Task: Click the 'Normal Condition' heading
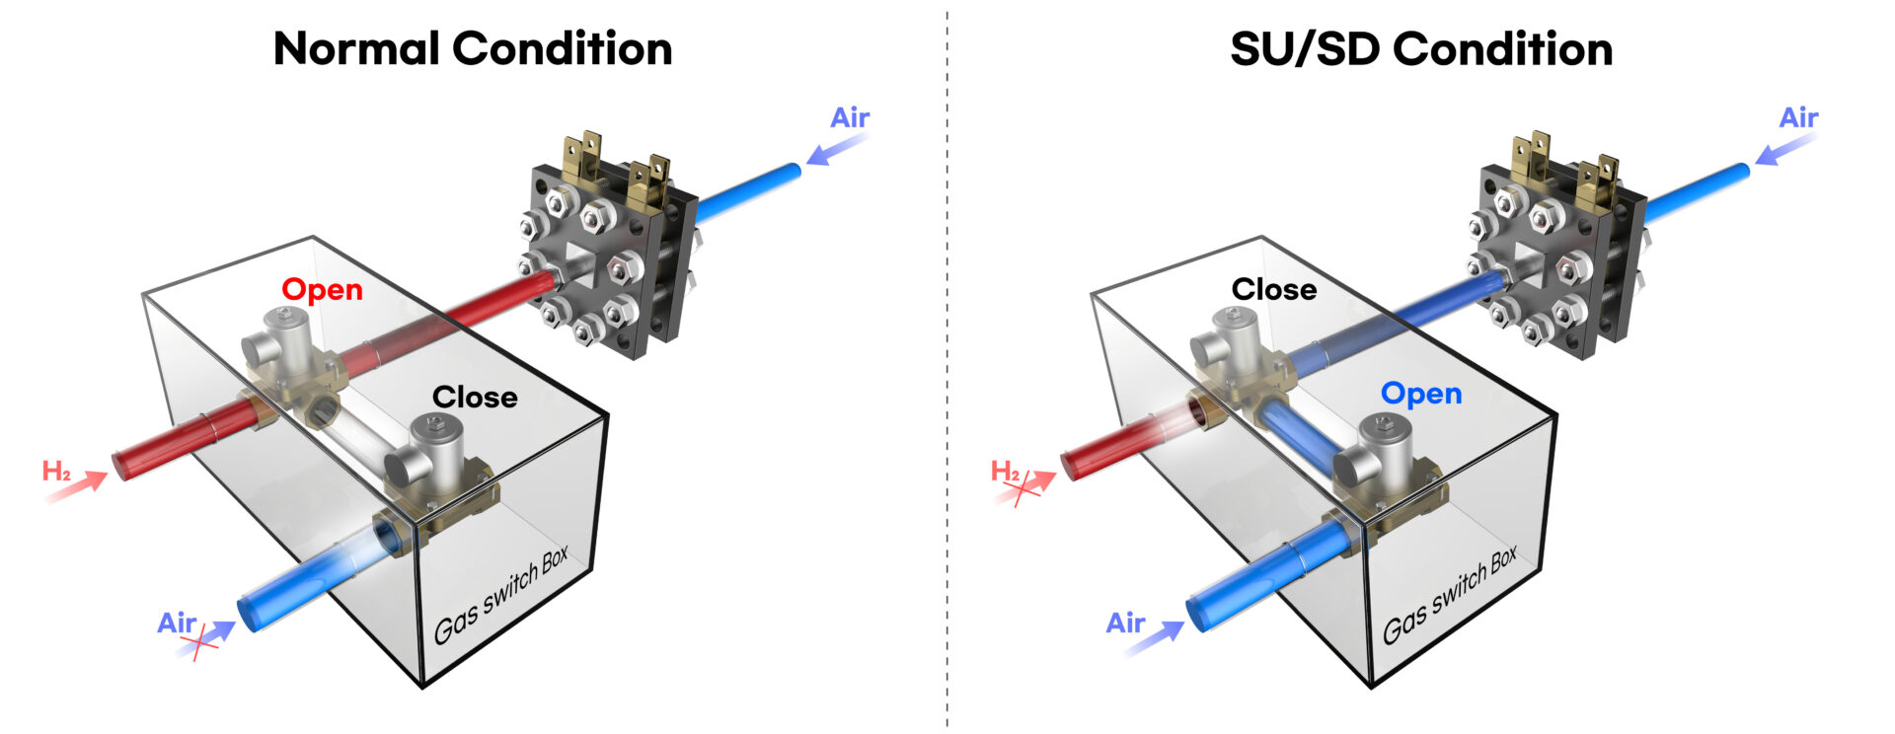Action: coord(472,49)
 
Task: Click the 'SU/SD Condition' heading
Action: coord(1420,49)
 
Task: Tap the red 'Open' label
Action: coord(322,290)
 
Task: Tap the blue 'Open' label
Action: coord(1420,394)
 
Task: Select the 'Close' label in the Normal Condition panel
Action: coord(474,398)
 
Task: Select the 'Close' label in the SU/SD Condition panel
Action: coord(1273,290)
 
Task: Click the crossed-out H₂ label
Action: coord(1007,472)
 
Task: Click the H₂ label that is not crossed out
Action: coord(56,472)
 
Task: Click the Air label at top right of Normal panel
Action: coord(849,118)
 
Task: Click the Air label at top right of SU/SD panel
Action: coord(1797,118)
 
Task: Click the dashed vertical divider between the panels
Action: coord(947,395)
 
